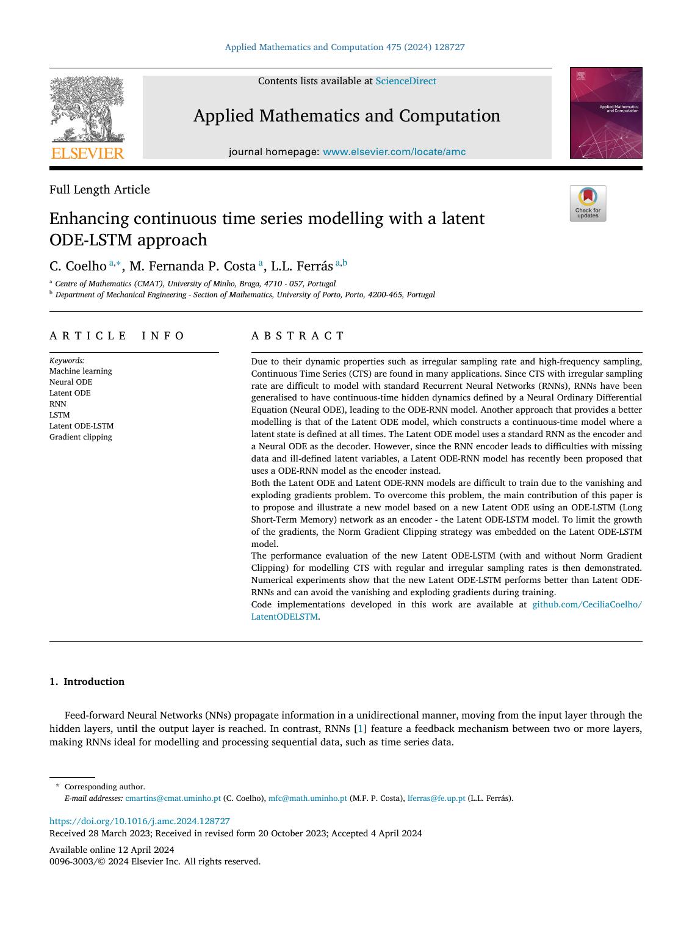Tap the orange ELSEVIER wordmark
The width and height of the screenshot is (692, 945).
87,153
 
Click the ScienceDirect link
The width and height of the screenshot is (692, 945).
405,81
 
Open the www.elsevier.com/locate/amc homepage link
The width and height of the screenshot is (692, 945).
394,152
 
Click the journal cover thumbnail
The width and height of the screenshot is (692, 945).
605,113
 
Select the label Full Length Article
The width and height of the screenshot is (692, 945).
99,190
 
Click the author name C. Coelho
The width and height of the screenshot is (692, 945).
77,266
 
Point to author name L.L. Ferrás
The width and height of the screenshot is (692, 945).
301,266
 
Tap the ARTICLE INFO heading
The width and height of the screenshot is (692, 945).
117,336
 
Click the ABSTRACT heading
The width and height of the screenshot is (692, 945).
298,336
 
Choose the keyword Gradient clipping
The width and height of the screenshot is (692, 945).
81,437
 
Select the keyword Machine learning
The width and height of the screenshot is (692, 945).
81,371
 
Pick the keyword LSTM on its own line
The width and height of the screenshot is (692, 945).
59,415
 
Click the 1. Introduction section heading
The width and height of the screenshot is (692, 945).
87,682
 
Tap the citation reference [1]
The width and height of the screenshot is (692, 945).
361,729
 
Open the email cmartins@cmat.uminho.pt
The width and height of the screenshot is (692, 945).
173,798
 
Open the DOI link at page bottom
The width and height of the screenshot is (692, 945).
139,822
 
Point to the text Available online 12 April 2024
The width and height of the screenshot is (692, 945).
112,850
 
